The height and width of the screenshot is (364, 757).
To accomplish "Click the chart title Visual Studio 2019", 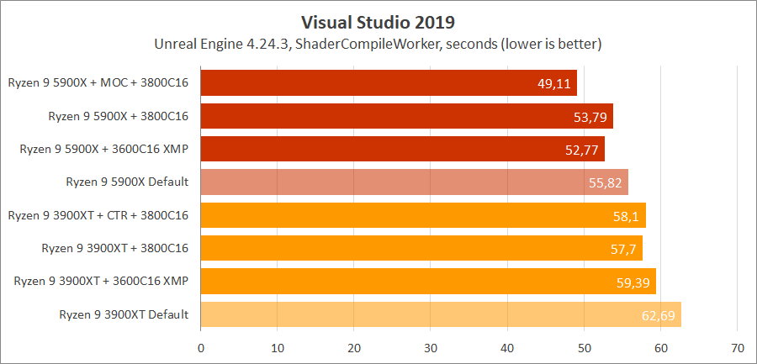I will click(x=378, y=18).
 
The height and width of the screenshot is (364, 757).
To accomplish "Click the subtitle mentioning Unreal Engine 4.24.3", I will click(x=378, y=42).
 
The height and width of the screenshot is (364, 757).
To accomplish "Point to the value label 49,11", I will click(x=553, y=84).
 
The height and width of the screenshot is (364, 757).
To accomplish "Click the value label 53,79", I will click(x=591, y=117).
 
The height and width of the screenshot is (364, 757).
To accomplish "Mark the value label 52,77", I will click(x=583, y=150).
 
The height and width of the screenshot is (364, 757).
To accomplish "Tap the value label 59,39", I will click(x=633, y=282).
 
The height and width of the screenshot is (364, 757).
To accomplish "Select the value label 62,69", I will click(x=659, y=315).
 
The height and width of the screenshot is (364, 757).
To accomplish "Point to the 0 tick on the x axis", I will click(x=201, y=347).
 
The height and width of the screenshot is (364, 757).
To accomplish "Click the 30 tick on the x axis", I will click(x=431, y=347).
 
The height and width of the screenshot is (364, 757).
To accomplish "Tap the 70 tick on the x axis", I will click(x=738, y=347).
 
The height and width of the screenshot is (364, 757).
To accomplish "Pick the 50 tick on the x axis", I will click(x=584, y=347).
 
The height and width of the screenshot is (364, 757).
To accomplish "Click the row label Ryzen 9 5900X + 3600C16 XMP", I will click(x=104, y=150).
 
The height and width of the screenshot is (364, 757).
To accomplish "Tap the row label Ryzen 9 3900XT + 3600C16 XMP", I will click(x=101, y=282).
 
